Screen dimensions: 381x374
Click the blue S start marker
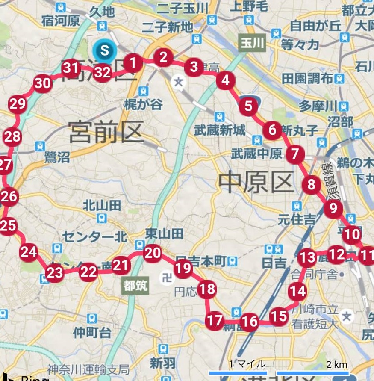click(104, 50)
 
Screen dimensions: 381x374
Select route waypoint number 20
click(153, 253)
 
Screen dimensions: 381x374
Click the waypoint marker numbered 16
click(250, 322)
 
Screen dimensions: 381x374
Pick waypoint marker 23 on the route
click(55, 272)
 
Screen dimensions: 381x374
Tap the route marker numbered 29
click(18, 104)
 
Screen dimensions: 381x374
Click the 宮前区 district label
click(106, 132)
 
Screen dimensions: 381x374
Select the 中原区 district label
click(256, 182)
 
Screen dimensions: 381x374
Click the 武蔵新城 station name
click(220, 130)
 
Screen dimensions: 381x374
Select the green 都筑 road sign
click(135, 285)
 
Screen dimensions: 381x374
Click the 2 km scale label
click(336, 365)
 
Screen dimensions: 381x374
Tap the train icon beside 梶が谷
click(144, 92)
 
